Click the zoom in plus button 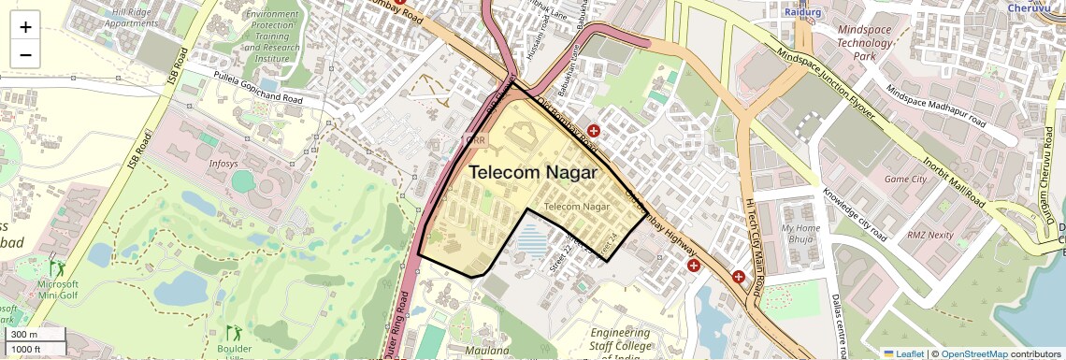(25, 27)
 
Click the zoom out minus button (25, 54)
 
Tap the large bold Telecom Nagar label (532, 172)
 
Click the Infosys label (223, 163)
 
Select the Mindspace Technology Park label (865, 43)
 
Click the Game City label (904, 179)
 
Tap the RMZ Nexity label (929, 235)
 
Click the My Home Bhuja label (800, 233)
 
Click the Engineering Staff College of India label (621, 344)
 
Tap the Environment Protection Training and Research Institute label (274, 36)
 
